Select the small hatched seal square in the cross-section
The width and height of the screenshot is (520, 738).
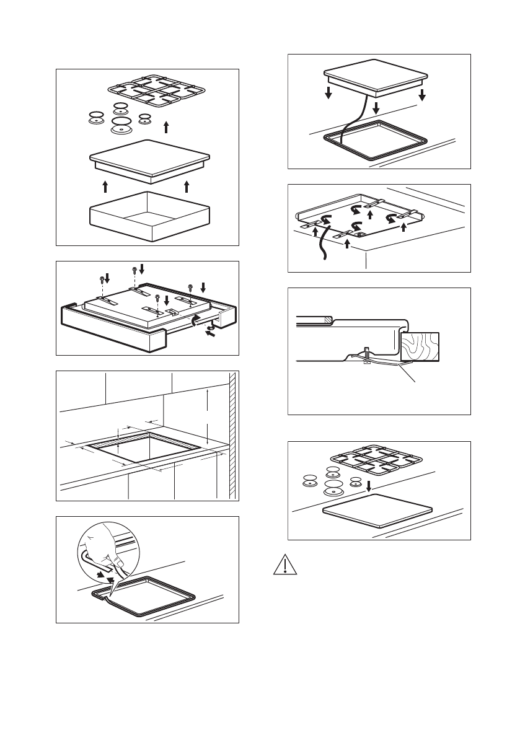[x=325, y=320]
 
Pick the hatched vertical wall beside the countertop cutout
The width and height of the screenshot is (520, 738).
[x=233, y=434]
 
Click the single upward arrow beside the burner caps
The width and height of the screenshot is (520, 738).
[x=165, y=128]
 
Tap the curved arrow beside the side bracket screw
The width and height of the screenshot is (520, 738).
[x=198, y=320]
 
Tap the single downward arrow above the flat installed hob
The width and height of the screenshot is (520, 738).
[x=369, y=487]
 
